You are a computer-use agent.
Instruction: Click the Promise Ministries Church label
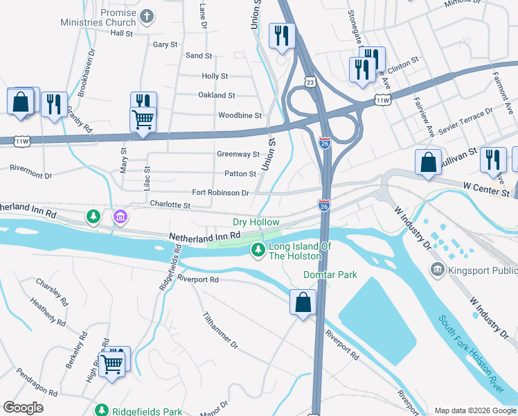pos(108,17)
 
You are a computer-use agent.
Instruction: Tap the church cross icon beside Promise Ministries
pos(147,15)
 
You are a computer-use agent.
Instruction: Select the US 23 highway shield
pos(309,82)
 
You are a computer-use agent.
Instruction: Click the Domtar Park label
pos(330,275)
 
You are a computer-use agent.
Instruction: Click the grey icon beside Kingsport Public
pos(437,268)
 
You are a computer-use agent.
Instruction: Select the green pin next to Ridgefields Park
pos(101,411)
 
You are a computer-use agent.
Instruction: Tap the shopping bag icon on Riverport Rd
pos(303,302)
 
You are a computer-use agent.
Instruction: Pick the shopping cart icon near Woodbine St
pos(143,119)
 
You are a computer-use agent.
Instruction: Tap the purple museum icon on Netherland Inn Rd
pos(120,218)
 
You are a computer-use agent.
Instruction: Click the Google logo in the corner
pos(23,408)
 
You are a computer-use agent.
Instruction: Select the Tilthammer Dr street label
pos(220,329)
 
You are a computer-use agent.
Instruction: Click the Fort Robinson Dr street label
pos(220,193)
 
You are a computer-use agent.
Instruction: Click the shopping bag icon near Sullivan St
pos(428,162)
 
